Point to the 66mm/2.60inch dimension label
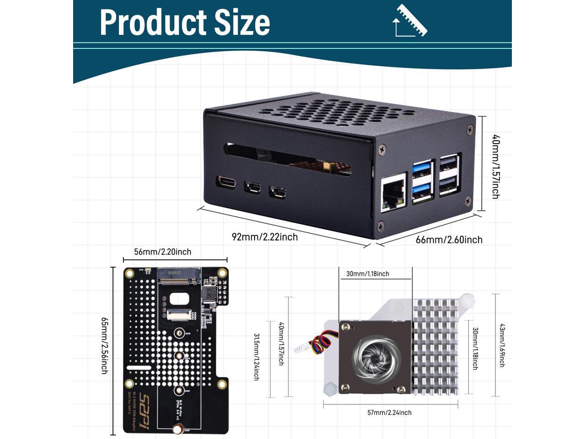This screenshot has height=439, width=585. (x=449, y=240)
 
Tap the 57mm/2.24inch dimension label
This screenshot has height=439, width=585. (x=389, y=412)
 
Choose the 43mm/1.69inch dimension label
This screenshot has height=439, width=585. (x=501, y=345)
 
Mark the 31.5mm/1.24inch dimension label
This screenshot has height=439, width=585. (x=256, y=357)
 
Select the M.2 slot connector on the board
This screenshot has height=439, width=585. (x=179, y=275)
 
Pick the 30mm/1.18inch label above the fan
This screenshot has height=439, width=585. (x=367, y=274)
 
